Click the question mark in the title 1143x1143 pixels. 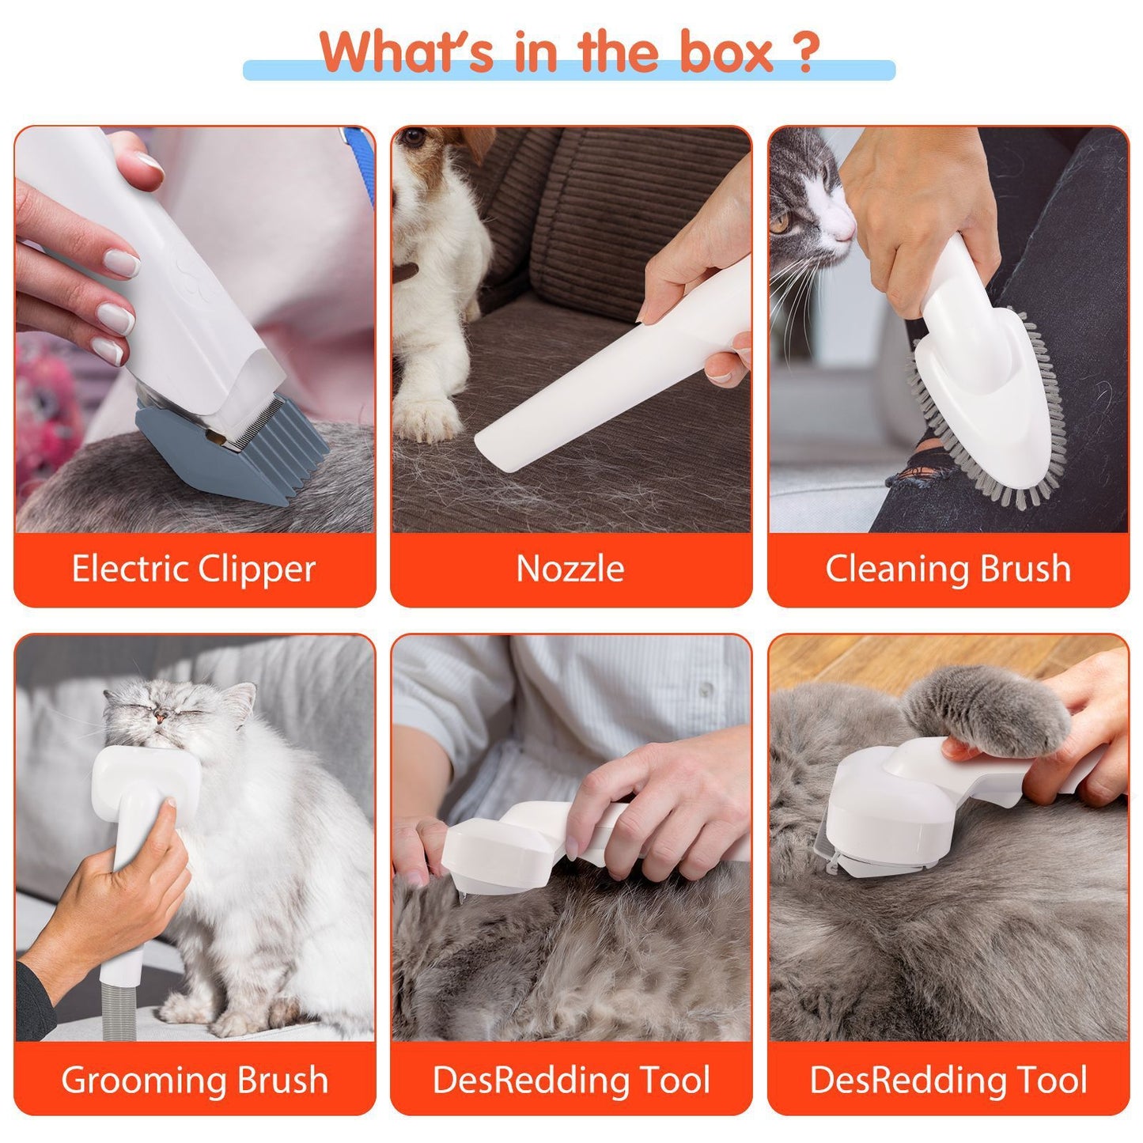click(x=804, y=51)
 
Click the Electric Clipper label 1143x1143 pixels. click(x=194, y=569)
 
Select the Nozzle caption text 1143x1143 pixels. click(x=570, y=569)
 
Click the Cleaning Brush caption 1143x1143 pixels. click(x=948, y=569)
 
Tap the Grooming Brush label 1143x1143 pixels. click(x=195, y=1080)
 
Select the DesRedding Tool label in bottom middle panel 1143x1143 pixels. click(x=570, y=1080)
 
